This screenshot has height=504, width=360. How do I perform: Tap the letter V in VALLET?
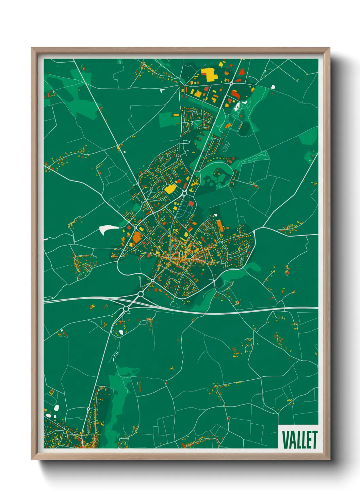click(285, 440)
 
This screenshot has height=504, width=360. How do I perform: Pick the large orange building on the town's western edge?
click(137, 236)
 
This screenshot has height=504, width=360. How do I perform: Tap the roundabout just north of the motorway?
click(141, 294)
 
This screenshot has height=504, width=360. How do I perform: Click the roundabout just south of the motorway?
click(126, 309)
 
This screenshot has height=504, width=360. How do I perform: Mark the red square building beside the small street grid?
click(191, 203)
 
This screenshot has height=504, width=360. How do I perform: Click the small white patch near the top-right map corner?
click(273, 86)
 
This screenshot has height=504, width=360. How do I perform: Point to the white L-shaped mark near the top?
click(162, 91)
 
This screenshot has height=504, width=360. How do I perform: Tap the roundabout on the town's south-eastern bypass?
click(214, 281)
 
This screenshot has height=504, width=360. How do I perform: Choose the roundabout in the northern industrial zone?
click(231, 83)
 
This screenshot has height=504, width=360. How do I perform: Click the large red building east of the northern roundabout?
click(236, 94)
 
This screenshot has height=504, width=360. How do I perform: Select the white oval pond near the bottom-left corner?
click(56, 408)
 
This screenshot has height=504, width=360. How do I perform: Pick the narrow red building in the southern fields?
click(139, 386)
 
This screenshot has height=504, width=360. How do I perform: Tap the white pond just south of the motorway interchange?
click(121, 332)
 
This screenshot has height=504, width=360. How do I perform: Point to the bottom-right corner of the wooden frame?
click(329, 459)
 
